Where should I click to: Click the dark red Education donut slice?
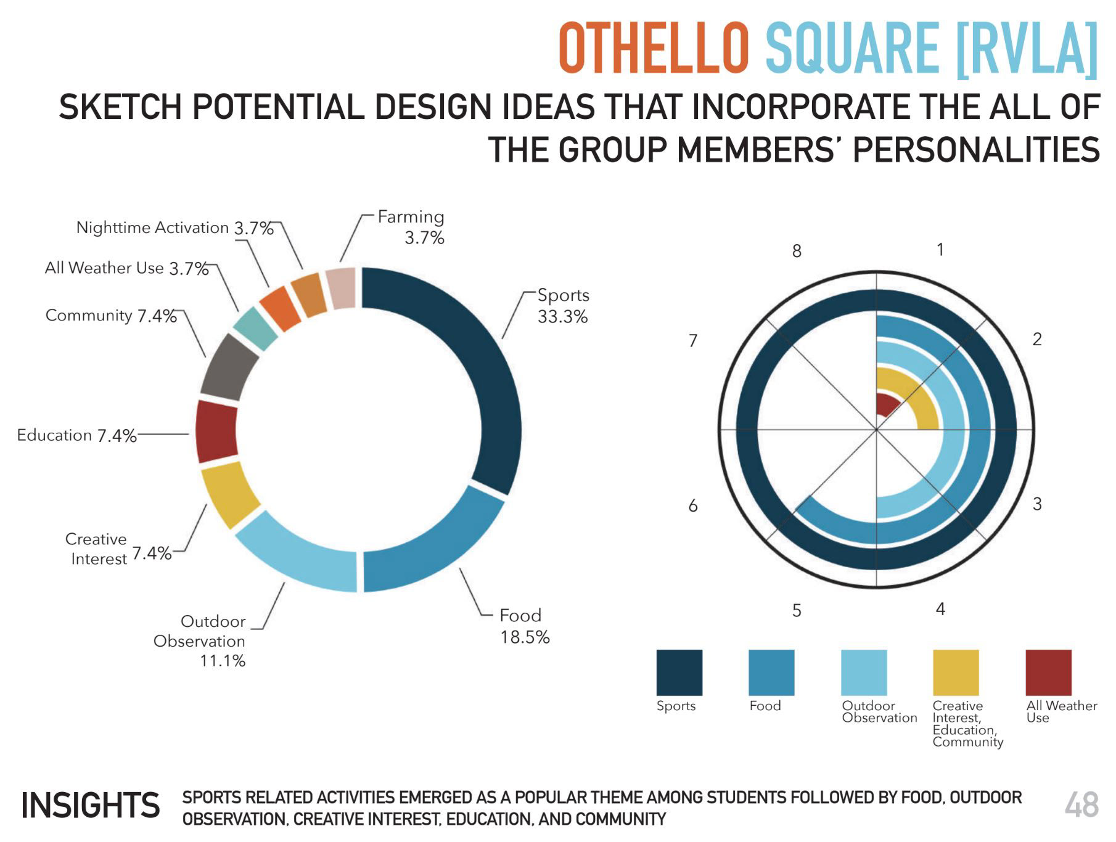216,431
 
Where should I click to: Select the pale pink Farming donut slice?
342,288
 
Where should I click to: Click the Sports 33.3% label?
563,306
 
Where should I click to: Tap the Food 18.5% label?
524,626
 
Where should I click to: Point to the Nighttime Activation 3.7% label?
174,228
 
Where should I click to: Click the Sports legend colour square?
679,672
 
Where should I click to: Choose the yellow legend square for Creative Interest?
956,672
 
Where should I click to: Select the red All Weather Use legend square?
1048,672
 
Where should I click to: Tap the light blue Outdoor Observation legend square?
864,672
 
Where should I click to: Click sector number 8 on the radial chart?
797,251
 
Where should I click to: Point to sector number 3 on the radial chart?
1037,504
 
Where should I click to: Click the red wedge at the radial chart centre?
885,406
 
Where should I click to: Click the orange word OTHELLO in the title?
654,49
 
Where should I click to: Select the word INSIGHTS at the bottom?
91,806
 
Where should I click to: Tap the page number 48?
1081,806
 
